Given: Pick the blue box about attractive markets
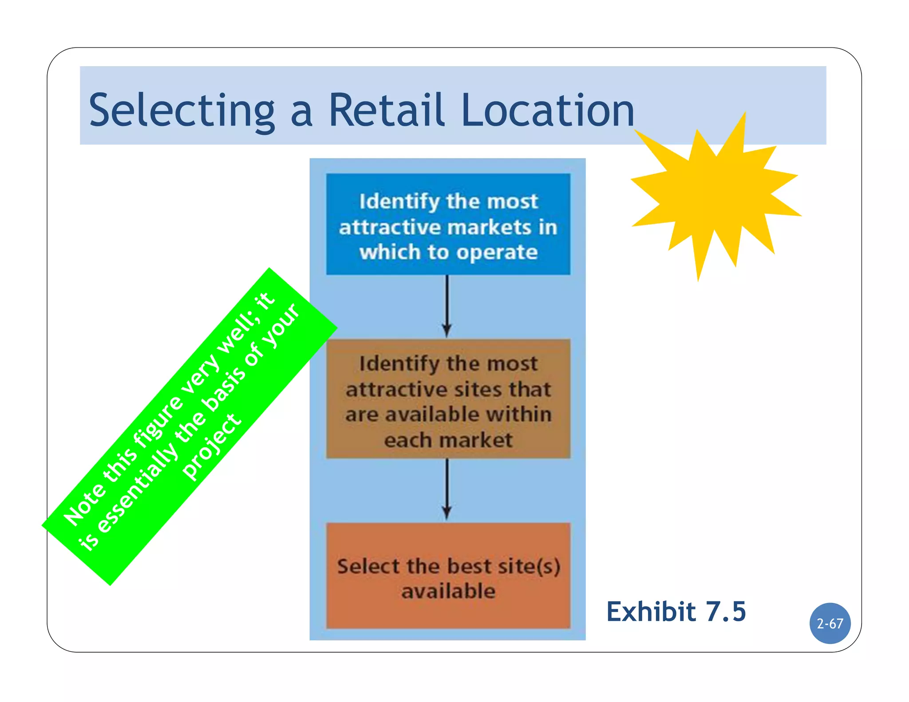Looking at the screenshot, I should pyautogui.click(x=448, y=224).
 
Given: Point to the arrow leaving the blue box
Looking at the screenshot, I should pyautogui.click(x=447, y=306).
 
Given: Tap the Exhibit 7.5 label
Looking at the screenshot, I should pyautogui.click(x=676, y=611).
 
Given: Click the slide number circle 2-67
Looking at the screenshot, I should pyautogui.click(x=830, y=623).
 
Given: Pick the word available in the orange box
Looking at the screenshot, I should pyautogui.click(x=448, y=591).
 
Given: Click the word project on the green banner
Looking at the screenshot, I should pyautogui.click(x=212, y=446).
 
